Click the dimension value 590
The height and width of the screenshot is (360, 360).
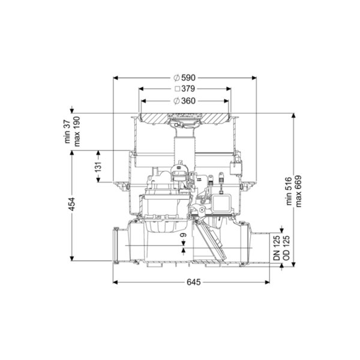pyautogui.click(x=188, y=78)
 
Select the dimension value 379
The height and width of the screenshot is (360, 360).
pyautogui.click(x=188, y=89)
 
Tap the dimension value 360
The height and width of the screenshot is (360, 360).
pyautogui.click(x=188, y=101)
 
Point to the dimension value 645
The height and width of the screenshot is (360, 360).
pyautogui.click(x=194, y=282)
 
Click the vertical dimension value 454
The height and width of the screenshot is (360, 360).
pyautogui.click(x=72, y=204)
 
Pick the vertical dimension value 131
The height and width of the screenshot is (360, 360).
pyautogui.click(x=98, y=167)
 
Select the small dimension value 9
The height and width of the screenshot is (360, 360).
pyautogui.click(x=183, y=235)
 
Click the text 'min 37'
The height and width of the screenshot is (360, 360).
pyautogui.click(x=67, y=131)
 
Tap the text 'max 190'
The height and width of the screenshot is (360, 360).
pyautogui.click(x=76, y=131)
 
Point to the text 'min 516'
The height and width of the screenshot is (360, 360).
pyautogui.click(x=289, y=191)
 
